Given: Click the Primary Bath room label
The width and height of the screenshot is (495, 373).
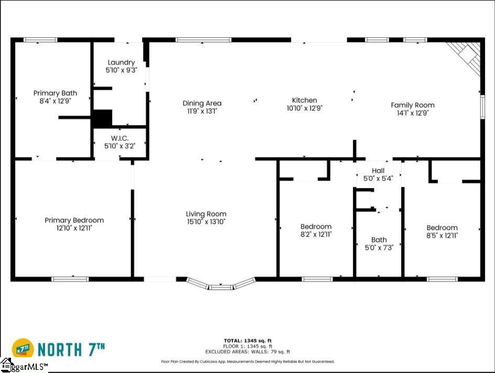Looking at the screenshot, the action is (x=55, y=94).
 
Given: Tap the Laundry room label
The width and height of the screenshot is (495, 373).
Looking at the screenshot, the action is (x=121, y=63).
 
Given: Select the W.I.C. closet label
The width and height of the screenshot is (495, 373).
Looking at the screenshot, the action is (x=120, y=138).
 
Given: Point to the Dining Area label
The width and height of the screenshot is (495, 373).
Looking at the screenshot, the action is (x=202, y=103).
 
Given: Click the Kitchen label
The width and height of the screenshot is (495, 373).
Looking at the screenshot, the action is (x=304, y=100).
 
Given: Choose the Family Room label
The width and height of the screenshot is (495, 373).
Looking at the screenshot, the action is (x=413, y=105).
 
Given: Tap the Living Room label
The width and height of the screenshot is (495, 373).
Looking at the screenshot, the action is (x=206, y=214).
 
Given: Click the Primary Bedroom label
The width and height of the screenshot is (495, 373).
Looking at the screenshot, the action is (x=74, y=220).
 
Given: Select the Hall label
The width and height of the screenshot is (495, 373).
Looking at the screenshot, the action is (x=378, y=171).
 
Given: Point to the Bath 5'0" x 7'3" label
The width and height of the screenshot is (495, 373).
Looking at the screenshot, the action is (x=379, y=244).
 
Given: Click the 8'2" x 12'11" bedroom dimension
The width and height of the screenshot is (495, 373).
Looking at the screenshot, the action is (x=316, y=234).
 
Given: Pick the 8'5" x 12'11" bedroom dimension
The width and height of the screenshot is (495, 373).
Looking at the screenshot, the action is (x=442, y=235).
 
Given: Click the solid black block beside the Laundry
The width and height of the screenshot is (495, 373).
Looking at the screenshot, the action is (x=102, y=119).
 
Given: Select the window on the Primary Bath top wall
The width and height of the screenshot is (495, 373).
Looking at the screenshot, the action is (x=40, y=40).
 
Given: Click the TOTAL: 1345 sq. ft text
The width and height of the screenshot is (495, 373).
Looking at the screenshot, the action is (x=247, y=341).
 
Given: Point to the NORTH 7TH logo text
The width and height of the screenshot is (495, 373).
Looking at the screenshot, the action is (x=71, y=349).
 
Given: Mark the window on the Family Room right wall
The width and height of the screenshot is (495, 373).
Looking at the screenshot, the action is (x=482, y=107).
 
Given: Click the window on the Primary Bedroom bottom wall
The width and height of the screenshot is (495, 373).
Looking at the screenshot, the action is (x=70, y=279).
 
